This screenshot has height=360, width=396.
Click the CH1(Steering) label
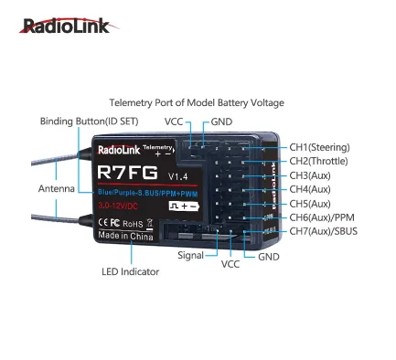point(320,147)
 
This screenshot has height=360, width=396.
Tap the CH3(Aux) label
point(310,175)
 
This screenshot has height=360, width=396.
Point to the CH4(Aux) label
point(310,189)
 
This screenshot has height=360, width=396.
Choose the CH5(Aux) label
point(310,203)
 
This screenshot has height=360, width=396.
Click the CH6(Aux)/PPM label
point(321,217)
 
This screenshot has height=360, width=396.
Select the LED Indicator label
point(130,271)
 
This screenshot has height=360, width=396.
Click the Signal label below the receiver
point(191,257)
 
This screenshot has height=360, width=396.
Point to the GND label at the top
point(222,121)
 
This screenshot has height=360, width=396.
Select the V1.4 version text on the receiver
point(177,175)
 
